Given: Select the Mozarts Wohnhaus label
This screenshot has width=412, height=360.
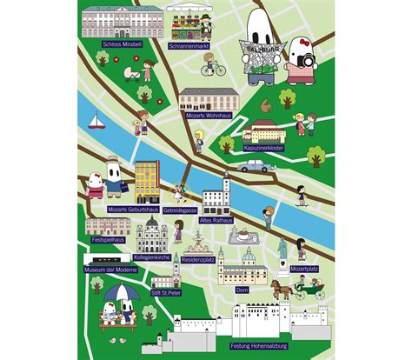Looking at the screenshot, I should [207, 115].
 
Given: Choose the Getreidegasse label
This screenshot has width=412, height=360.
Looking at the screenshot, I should [179, 210].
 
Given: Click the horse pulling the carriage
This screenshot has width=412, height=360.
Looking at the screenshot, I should [280, 287].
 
